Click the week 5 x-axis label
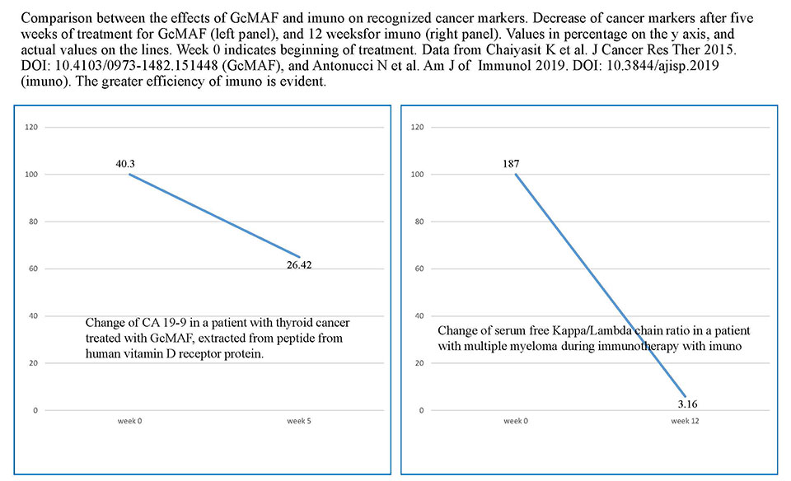coord(298,421)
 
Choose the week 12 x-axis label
coord(685,421)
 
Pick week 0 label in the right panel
coord(516,421)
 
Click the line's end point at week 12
coord(685,395)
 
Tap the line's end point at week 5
coord(299,257)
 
